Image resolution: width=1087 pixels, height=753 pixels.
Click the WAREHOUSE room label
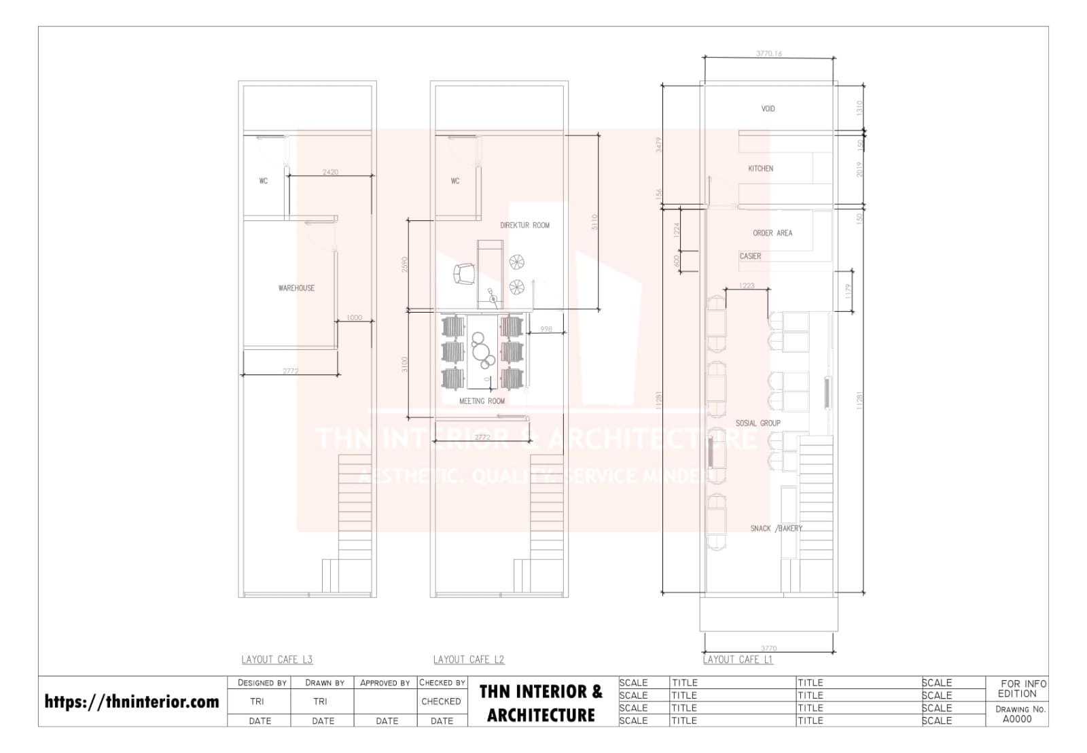(296, 288)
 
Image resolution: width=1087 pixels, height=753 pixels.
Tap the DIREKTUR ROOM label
(524, 225)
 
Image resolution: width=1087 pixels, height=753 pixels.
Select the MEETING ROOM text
(482, 401)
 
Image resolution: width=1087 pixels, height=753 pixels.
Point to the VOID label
(768, 109)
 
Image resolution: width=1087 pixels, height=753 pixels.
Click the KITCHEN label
(760, 169)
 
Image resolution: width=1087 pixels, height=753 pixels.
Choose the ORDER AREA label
(772, 233)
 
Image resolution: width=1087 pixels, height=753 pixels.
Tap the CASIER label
(750, 256)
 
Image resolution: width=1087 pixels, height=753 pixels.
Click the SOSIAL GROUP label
(758, 423)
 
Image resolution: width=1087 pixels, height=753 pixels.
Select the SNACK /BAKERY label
(776, 528)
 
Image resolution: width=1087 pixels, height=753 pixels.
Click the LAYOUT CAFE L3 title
(277, 659)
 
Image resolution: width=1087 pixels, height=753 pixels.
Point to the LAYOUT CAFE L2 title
(469, 659)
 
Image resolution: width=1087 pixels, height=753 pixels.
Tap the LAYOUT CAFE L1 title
(738, 659)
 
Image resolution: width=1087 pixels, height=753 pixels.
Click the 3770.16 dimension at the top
(768, 54)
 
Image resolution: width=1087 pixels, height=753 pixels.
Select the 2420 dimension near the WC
(330, 172)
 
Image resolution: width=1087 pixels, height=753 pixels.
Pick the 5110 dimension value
(594, 221)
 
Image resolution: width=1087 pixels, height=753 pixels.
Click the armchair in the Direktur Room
(464, 275)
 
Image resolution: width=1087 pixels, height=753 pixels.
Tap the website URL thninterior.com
(132, 701)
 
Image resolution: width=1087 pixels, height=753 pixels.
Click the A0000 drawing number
(1016, 719)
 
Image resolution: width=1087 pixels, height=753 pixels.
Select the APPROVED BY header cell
(385, 682)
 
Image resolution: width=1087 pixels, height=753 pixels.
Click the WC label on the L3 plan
(263, 181)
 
